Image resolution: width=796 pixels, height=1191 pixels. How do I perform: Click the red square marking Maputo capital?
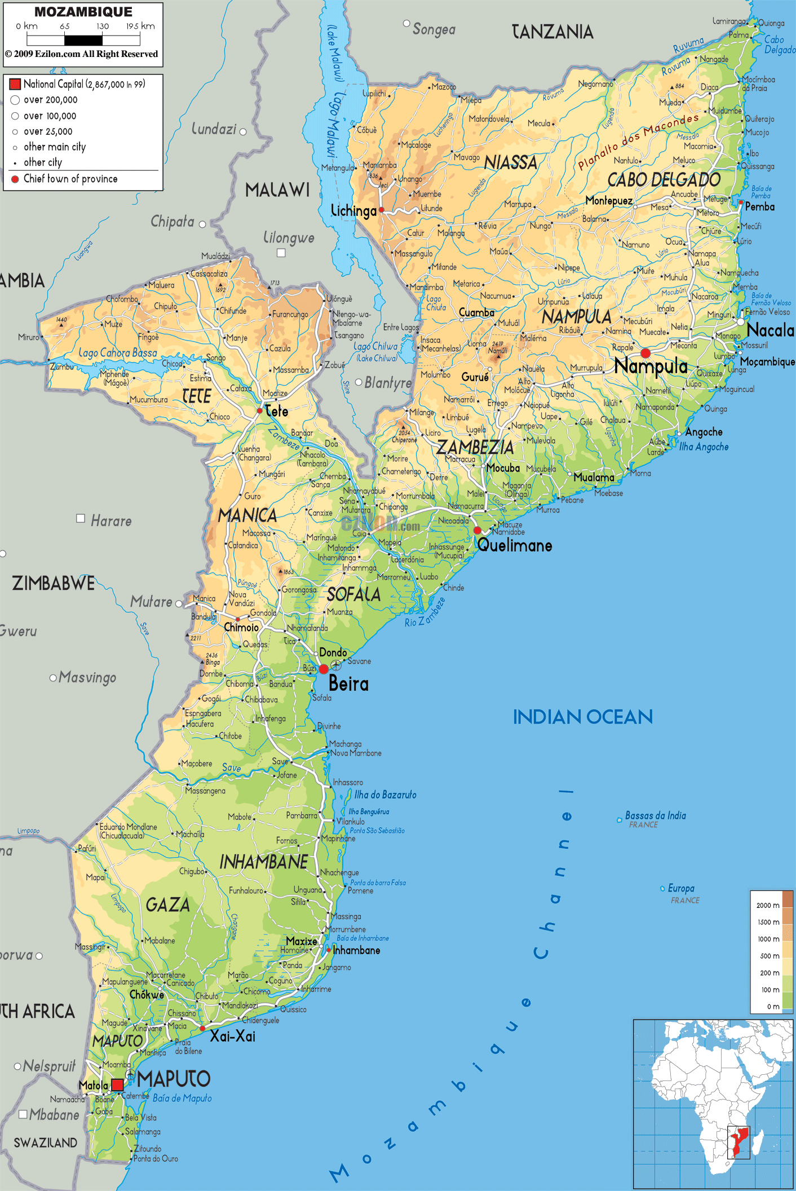click(x=117, y=1084)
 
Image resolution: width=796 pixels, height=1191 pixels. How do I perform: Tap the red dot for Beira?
click(x=324, y=669)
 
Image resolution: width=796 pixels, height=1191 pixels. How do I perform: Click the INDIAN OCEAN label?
click(x=582, y=717)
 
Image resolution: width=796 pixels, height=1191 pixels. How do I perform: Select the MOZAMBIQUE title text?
click(x=83, y=12)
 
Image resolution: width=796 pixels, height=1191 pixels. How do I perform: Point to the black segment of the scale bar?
click(x=83, y=40)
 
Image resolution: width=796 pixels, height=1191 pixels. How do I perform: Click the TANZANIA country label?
click(x=552, y=32)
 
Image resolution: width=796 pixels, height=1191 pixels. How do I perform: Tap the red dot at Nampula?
click(x=645, y=353)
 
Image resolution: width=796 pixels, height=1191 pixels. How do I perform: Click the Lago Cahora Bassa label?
click(x=118, y=353)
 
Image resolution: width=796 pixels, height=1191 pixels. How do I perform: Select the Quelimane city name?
click(x=515, y=545)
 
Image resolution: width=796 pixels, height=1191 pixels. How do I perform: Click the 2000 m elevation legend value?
click(x=767, y=905)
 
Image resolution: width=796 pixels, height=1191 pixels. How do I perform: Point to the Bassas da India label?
click(x=655, y=815)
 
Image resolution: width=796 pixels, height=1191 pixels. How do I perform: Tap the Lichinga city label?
click(x=353, y=211)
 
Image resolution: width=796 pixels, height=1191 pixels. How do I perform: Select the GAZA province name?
click(x=167, y=905)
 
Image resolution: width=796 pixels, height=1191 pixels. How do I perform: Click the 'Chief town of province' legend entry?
click(x=70, y=179)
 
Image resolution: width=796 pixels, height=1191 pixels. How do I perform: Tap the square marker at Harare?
click(x=81, y=518)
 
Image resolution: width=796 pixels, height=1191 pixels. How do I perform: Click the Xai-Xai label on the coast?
click(x=232, y=1036)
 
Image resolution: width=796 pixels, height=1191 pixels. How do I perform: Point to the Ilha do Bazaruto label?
click(x=385, y=795)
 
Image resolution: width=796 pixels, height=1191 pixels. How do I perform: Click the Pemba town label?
click(x=759, y=207)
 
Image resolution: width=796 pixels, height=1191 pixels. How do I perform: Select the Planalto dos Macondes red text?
click(x=638, y=141)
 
